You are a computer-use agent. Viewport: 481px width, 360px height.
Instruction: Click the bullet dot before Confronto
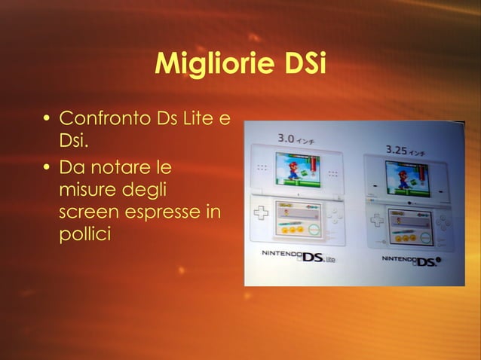(x=47, y=120)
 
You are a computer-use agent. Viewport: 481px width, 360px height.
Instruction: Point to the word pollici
(x=84, y=234)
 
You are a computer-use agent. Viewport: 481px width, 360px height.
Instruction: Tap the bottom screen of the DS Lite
(x=298, y=219)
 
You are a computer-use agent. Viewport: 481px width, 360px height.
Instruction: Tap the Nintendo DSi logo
(x=411, y=261)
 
